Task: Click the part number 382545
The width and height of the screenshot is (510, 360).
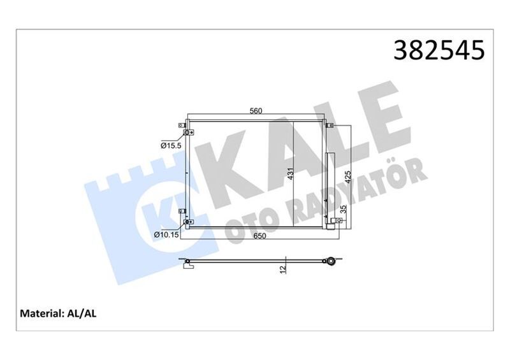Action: (441, 49)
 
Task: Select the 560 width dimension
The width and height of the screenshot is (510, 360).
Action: (256, 111)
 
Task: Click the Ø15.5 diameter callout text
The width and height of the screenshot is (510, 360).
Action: (171, 146)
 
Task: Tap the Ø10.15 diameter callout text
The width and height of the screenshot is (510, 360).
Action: (167, 234)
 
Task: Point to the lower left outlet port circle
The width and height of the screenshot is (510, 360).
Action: (187, 222)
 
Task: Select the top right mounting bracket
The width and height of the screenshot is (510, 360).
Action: (329, 126)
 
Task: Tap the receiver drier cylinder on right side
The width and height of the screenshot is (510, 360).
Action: (330, 185)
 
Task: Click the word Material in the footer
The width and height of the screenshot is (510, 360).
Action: (41, 313)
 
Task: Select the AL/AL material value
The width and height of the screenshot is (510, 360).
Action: (80, 313)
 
